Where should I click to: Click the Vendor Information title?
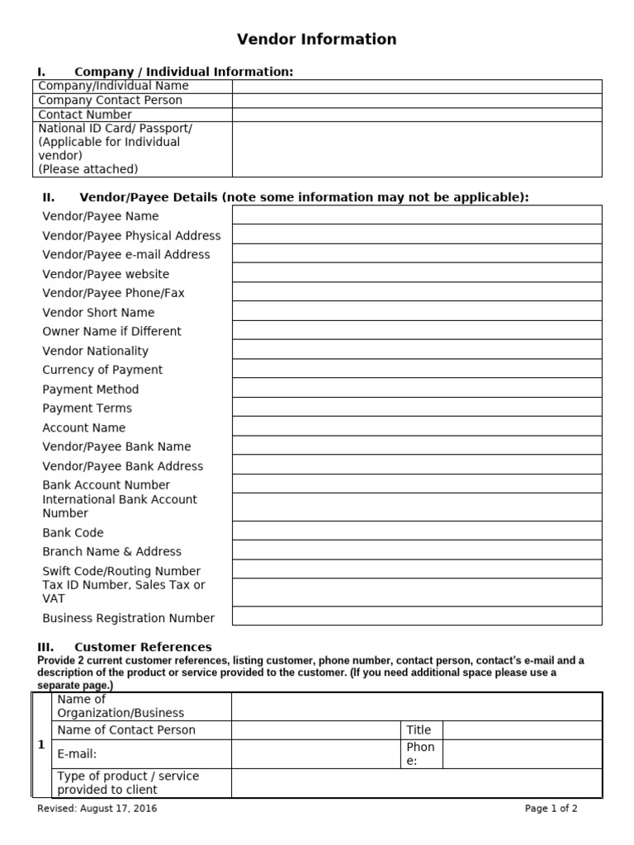317,39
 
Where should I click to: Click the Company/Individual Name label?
114,86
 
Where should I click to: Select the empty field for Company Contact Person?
417,101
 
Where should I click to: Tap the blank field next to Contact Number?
417,115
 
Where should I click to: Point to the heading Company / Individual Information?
183,72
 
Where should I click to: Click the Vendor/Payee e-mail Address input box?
417,254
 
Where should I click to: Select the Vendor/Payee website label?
106,274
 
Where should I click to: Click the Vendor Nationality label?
96,351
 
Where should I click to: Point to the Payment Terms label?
87,408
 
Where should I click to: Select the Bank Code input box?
417,531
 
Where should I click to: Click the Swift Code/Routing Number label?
121,571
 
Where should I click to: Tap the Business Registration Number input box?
417,616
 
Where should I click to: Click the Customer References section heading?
143,647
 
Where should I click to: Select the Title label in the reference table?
419,730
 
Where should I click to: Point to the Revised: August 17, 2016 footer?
97,809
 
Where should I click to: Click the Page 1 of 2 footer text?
551,809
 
